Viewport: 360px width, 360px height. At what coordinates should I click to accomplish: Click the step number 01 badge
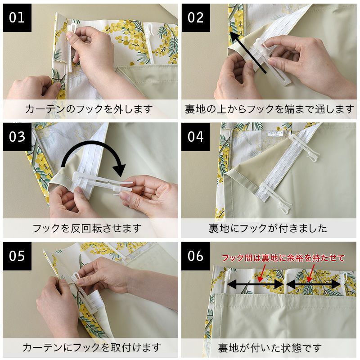click(x=17, y=18)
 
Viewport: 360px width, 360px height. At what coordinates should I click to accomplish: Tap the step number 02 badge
click(x=196, y=18)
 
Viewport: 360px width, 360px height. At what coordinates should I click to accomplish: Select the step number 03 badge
click(x=17, y=137)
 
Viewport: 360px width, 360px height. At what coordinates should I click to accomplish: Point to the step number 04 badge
click(x=196, y=137)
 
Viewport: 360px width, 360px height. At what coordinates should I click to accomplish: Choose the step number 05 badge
click(x=17, y=256)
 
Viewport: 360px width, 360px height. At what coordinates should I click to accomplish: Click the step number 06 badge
click(x=196, y=256)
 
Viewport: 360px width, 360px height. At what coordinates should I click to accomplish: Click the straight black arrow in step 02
click(x=248, y=53)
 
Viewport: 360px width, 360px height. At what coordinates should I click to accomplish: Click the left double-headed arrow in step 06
click(x=255, y=284)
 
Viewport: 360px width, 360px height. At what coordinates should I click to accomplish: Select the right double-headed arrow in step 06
click(x=313, y=284)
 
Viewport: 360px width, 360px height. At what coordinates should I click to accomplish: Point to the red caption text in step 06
click(x=283, y=258)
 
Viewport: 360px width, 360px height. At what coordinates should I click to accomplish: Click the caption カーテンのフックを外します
click(x=89, y=109)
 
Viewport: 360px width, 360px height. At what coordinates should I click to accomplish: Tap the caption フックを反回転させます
click(x=87, y=228)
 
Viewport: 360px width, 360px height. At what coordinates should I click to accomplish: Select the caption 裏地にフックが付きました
click(x=268, y=228)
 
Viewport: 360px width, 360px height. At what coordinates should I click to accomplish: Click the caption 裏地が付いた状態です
click(x=270, y=347)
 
